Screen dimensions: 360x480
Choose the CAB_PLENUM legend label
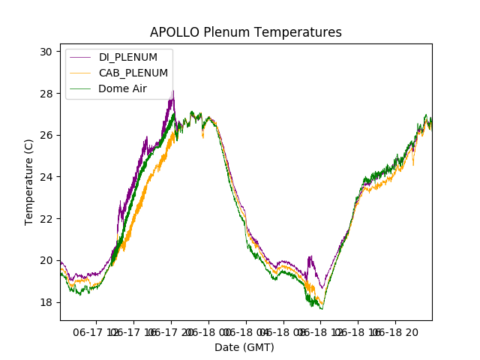click(x=133, y=73)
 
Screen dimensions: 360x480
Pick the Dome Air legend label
click(x=122, y=88)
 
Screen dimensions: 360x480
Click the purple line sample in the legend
click(x=81, y=58)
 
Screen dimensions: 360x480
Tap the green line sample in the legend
click(x=81, y=88)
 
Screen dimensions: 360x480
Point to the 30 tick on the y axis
click(x=46, y=52)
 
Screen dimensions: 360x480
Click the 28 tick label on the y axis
click(x=46, y=94)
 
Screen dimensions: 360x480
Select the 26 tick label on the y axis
click(x=46, y=135)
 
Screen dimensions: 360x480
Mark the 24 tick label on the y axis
click(x=46, y=177)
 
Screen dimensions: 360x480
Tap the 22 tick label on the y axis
click(x=46, y=218)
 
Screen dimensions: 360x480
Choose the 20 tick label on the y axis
click(x=46, y=260)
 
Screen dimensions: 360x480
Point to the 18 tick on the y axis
click(x=46, y=302)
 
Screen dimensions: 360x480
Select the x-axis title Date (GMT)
click(x=244, y=347)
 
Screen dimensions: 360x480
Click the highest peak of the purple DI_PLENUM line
click(x=173, y=91)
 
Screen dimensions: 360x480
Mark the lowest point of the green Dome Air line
click(x=322, y=309)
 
